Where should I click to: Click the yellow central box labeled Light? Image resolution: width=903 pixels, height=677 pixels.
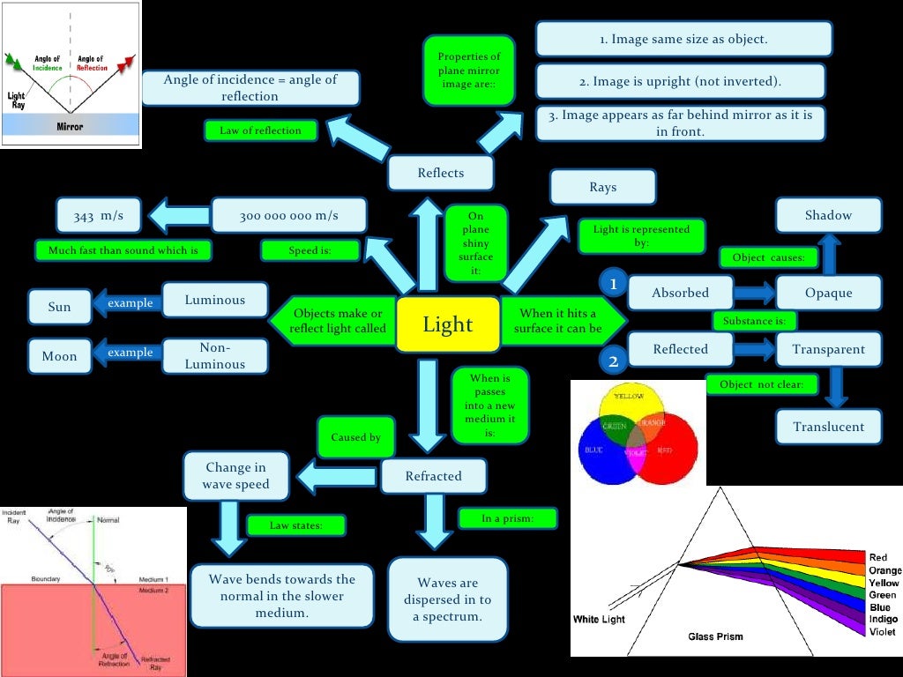pyautogui.click(x=448, y=324)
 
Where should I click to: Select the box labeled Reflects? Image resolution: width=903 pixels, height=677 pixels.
pyautogui.click(x=440, y=173)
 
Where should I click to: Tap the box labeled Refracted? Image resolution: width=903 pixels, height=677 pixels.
pyautogui.click(x=433, y=476)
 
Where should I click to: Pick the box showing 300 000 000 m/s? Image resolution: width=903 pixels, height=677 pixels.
pyautogui.click(x=288, y=215)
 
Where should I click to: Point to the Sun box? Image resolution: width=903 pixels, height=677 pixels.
pyautogui.click(x=60, y=308)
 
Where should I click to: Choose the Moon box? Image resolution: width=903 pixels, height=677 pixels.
pyautogui.click(x=60, y=356)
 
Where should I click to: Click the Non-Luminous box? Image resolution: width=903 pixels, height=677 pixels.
pyautogui.click(x=215, y=356)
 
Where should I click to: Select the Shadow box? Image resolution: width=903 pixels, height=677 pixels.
pyautogui.click(x=828, y=215)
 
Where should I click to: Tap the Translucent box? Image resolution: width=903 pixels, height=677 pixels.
pyautogui.click(x=828, y=427)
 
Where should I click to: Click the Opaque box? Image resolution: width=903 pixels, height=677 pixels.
pyautogui.click(x=828, y=293)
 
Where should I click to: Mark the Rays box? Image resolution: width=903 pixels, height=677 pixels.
pyautogui.click(x=602, y=187)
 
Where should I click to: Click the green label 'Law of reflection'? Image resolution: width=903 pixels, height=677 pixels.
pyautogui.click(x=260, y=130)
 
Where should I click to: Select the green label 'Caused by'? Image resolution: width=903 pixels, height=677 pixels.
pyautogui.click(x=355, y=437)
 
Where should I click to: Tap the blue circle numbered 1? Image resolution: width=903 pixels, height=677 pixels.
pyautogui.click(x=613, y=284)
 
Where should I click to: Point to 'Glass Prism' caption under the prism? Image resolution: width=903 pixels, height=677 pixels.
pyautogui.click(x=715, y=636)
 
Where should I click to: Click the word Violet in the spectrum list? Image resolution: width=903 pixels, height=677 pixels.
pyautogui.click(x=882, y=632)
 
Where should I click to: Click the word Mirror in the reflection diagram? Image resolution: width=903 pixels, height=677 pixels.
pyautogui.click(x=70, y=127)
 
